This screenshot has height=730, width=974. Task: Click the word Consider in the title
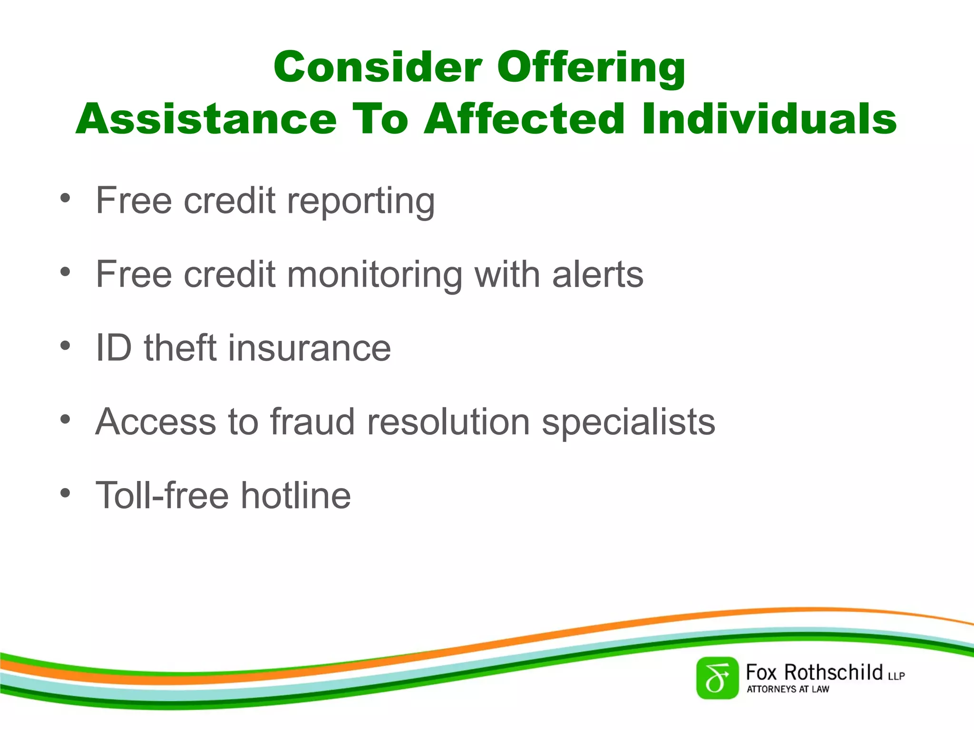378,67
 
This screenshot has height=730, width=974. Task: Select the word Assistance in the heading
206,119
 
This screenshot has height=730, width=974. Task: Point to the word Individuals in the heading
769,119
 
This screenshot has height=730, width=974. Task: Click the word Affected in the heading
524,119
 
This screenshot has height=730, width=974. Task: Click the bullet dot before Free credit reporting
65,198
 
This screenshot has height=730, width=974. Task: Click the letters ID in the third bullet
114,348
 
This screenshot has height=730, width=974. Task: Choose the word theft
180,348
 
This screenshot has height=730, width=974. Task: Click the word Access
156,422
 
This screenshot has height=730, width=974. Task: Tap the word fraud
312,422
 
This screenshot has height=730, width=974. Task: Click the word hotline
296,496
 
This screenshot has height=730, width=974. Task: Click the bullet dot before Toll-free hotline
65,493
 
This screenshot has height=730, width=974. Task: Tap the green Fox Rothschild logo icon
717,678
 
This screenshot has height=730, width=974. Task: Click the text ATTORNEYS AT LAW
788,689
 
